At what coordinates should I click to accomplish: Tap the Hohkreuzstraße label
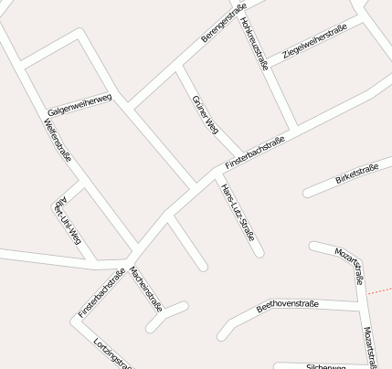(254, 43)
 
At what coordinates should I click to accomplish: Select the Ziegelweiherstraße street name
(314, 42)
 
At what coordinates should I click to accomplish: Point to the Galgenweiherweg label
(79, 103)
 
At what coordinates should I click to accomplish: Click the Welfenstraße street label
(58, 142)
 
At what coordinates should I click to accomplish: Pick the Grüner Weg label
(206, 114)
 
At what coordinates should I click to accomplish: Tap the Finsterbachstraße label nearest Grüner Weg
(255, 153)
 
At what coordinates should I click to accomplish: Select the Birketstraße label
(356, 174)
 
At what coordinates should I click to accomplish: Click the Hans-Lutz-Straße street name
(238, 211)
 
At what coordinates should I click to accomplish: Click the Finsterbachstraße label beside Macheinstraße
(101, 292)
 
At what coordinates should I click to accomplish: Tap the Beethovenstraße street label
(287, 305)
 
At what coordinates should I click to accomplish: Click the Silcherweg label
(326, 365)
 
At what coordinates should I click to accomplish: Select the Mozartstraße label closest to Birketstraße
(355, 265)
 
